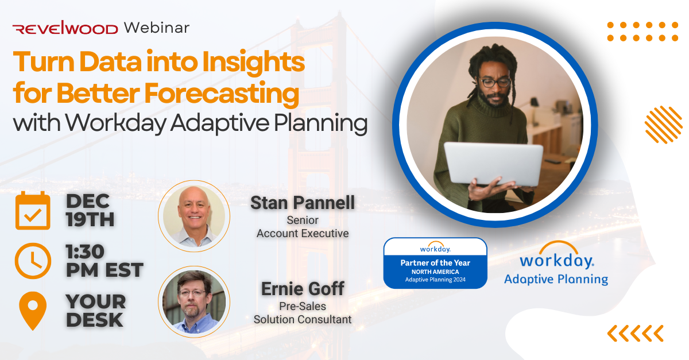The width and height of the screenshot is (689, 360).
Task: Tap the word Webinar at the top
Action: point(156,28)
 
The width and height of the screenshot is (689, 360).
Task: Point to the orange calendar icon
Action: point(32,210)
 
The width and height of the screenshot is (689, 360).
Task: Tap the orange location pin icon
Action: point(32,311)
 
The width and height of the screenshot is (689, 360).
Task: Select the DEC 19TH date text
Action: point(91,210)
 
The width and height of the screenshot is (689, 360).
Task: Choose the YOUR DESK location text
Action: point(95,311)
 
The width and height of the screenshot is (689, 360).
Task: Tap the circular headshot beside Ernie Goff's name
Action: point(193,302)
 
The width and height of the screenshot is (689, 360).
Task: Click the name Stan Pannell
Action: point(303,203)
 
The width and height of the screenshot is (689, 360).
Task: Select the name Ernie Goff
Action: point(303,288)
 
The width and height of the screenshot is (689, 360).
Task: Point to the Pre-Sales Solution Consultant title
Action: point(303,313)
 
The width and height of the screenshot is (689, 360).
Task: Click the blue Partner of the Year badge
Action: point(435,263)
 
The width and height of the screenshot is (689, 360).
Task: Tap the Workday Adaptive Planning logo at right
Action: point(556,264)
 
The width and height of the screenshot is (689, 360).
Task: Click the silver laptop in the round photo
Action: point(493,164)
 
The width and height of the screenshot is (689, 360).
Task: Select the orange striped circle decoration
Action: point(663,124)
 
